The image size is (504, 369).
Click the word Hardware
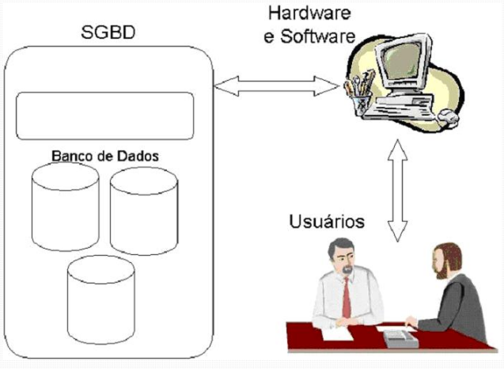(304, 13)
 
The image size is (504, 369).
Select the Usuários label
(327, 221)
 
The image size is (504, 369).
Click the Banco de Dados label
(105, 155)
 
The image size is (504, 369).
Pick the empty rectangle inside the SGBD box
(105, 116)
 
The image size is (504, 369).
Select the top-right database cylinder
(144, 211)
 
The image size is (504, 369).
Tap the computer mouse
(448, 117)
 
